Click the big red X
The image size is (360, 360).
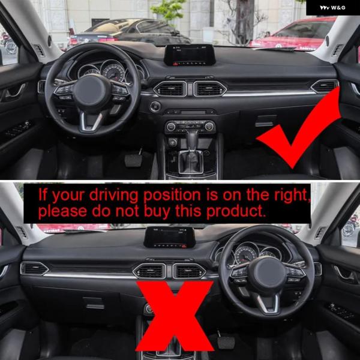pyautogui.click(x=175, y=316)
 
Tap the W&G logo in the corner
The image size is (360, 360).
pyautogui.click(x=332, y=8)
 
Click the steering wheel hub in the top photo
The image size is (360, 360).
pyautogui.click(x=90, y=91)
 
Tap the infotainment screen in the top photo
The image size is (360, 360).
pyautogui.click(x=190, y=55)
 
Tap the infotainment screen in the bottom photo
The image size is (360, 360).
pyautogui.click(x=169, y=238)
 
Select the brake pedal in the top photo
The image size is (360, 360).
pyautogui.click(x=133, y=160)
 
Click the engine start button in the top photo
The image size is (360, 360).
pyautogui.click(x=155, y=107)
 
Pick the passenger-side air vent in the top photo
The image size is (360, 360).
pyautogui.click(x=325, y=86)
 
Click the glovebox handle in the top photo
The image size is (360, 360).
pyautogui.click(x=265, y=121)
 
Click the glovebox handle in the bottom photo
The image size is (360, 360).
pyautogui.click(x=94, y=303)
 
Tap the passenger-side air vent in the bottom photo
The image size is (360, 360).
pyautogui.click(x=34, y=269)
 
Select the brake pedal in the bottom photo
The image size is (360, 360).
pyautogui.click(x=226, y=342)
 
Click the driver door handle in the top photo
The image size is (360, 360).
pyautogui.click(x=15, y=91)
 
